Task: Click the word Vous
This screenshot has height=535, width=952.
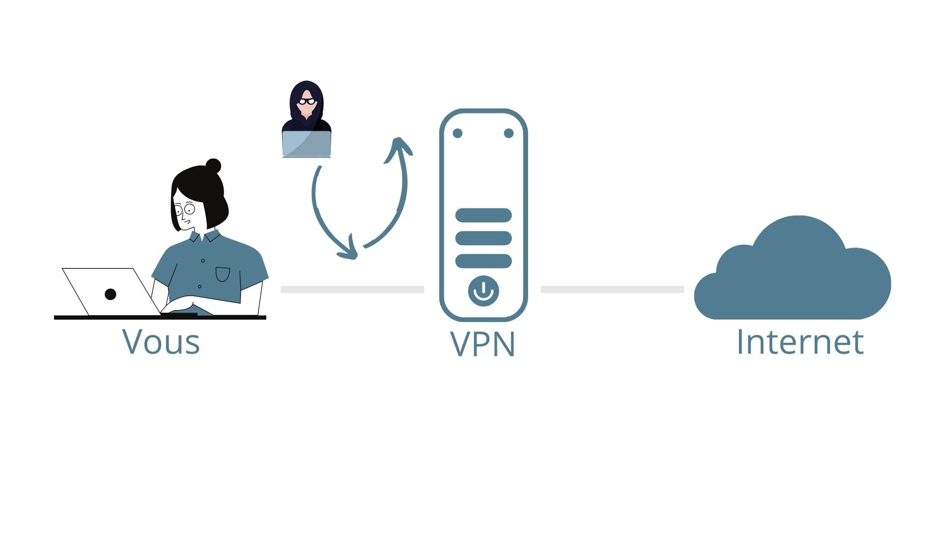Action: click(x=161, y=342)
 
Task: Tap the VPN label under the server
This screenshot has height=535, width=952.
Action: click(x=483, y=344)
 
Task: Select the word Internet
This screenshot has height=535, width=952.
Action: click(x=800, y=342)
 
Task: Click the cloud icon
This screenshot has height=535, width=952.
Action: click(x=793, y=277)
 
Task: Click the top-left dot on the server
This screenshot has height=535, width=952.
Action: click(x=458, y=133)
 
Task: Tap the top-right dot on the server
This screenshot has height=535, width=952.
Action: click(x=509, y=133)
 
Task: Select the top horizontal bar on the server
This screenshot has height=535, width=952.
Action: click(x=483, y=215)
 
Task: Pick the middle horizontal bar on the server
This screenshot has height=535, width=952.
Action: click(x=483, y=238)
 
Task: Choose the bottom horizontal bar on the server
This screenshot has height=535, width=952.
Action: click(x=483, y=261)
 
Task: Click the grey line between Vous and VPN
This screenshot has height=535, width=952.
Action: click(x=352, y=289)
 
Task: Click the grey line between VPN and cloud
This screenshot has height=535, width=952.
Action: click(x=612, y=289)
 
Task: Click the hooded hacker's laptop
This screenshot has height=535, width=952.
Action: click(x=306, y=144)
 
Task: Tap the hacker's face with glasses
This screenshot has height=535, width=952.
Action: click(x=307, y=104)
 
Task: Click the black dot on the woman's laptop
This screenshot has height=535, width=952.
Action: click(x=111, y=294)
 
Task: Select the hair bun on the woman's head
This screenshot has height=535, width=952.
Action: click(x=214, y=165)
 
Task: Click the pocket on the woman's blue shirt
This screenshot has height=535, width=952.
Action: click(x=223, y=274)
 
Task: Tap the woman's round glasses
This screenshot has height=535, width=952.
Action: click(x=185, y=209)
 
